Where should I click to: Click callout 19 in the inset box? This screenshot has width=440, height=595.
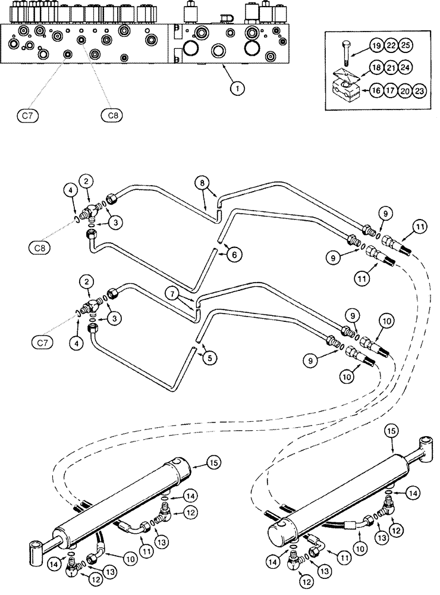376,46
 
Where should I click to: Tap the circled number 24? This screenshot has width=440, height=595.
406,67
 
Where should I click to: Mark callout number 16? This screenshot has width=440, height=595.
376,91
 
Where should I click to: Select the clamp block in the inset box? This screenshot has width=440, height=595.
345,92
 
